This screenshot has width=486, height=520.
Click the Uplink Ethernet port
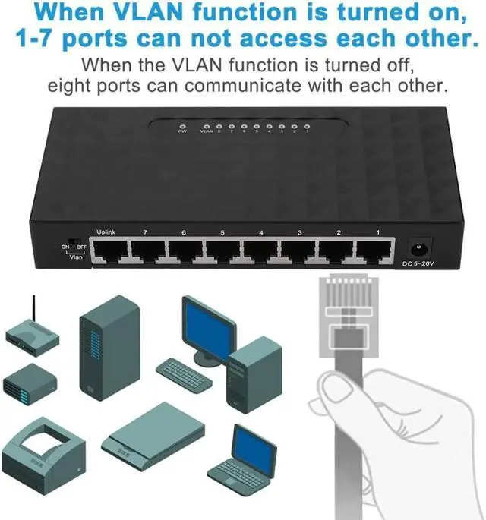[109, 251]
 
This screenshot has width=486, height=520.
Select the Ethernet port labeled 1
[375, 251]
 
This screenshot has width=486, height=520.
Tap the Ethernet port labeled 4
[261, 251]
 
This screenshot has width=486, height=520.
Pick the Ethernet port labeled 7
[147, 251]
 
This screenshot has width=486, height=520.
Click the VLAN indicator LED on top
[206, 126]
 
